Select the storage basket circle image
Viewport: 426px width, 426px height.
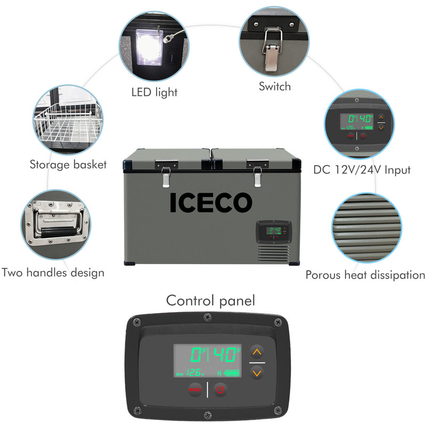[x=68, y=121]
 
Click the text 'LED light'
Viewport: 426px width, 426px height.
[x=154, y=93]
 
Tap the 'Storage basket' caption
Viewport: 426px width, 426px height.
[x=68, y=164]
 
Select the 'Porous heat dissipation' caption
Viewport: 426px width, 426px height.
[x=365, y=275]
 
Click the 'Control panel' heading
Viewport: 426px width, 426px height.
[x=210, y=300]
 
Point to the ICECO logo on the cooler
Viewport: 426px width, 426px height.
[x=211, y=202]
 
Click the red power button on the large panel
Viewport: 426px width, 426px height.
[x=220, y=389]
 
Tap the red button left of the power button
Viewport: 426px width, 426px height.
[x=195, y=389]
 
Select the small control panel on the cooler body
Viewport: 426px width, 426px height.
[x=273, y=232]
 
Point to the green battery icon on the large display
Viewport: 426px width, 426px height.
[x=233, y=373]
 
